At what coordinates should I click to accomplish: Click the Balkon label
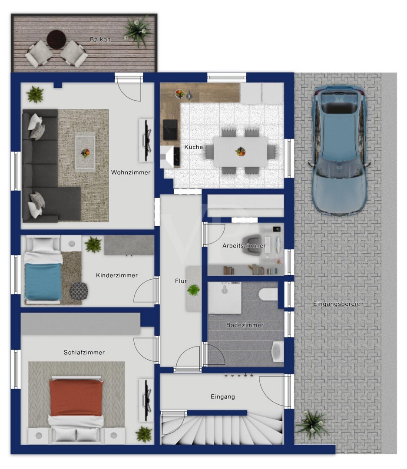click(100, 39)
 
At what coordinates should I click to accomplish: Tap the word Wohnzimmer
click(131, 172)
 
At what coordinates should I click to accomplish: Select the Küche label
click(193, 147)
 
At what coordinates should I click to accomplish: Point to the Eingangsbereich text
click(338, 304)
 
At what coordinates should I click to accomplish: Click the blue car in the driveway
click(339, 150)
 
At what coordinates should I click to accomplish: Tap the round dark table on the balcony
click(56, 39)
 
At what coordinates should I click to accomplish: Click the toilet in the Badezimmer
click(268, 294)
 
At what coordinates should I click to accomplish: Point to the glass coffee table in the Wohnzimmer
click(85, 153)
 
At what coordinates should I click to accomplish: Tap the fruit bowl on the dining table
click(240, 152)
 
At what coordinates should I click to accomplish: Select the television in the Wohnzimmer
click(147, 141)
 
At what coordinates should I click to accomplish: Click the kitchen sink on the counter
click(170, 129)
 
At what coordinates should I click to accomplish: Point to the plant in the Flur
click(193, 290)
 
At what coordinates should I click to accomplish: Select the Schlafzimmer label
click(84, 352)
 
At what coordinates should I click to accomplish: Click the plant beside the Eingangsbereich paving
click(312, 424)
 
